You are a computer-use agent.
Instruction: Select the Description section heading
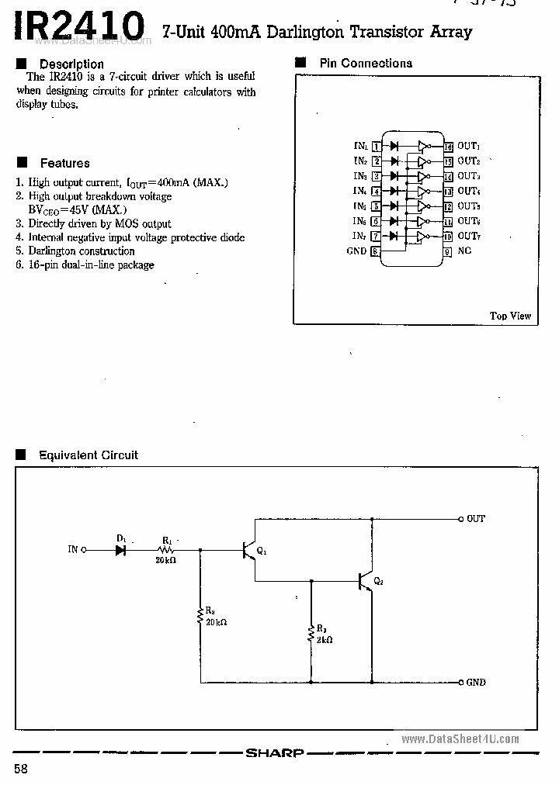(x=71, y=64)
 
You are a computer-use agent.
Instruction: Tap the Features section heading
(x=64, y=163)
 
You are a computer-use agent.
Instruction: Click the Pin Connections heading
(x=366, y=64)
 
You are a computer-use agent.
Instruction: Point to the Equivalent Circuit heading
(x=89, y=455)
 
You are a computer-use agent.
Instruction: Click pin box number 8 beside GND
(x=376, y=251)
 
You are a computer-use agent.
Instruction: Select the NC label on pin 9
(x=464, y=251)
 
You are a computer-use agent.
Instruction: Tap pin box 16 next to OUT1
(x=448, y=146)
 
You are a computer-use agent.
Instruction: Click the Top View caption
(x=510, y=316)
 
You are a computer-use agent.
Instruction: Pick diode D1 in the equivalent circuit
(x=120, y=550)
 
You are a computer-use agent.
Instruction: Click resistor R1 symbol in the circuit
(x=168, y=550)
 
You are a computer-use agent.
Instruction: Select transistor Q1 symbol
(x=249, y=550)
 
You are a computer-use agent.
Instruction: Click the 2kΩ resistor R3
(x=311, y=635)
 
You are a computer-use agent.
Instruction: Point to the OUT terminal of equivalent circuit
(x=460, y=519)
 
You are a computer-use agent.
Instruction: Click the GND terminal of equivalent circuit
(x=460, y=683)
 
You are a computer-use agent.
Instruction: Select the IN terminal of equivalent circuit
(x=84, y=550)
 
